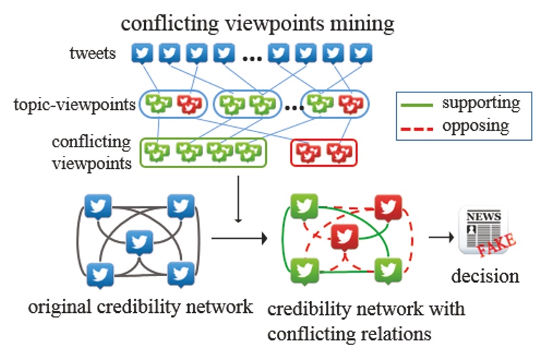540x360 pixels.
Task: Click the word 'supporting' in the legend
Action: point(480,103)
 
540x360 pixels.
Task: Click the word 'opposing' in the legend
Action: point(475,124)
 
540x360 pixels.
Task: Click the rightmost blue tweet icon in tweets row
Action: point(360,52)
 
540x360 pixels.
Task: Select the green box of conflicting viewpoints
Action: point(204,152)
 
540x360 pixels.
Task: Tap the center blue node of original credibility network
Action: point(137,242)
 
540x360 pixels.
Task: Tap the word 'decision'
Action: point(485,276)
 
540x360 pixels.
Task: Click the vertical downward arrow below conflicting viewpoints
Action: point(240,203)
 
